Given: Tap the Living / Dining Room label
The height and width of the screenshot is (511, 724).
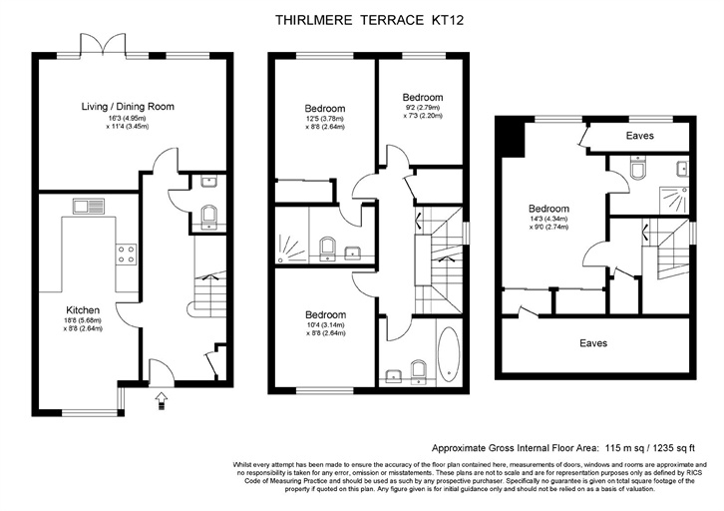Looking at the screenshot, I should point(128,106).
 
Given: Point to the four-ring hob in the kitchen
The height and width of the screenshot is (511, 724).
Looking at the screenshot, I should point(127,255).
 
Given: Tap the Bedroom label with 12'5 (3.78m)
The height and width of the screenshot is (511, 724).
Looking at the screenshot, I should point(324,109).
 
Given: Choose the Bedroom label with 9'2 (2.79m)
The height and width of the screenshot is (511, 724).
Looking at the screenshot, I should point(423,98).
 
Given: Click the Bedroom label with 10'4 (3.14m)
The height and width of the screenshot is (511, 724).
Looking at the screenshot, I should point(326,315).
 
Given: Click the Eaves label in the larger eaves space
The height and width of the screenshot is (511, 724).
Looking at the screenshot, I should point(593,342).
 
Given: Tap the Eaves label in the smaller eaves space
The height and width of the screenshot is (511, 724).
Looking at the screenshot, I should point(640,135).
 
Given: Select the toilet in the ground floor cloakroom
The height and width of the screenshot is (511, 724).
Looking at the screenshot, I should point(207,216).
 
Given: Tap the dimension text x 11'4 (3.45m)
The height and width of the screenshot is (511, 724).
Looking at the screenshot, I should point(127,127).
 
